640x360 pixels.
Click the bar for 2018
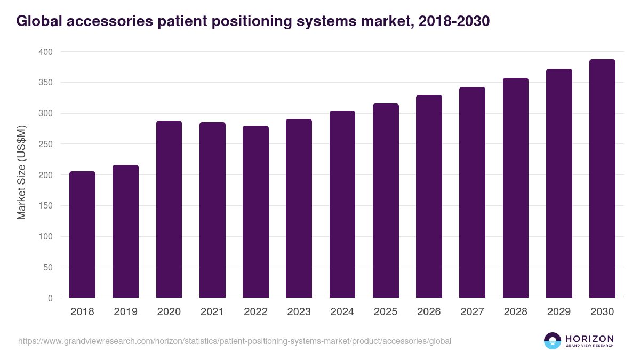point(82,235)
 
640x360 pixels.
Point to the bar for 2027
point(472,193)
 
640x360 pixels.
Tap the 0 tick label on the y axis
point(50,298)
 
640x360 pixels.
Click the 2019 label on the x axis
point(125,312)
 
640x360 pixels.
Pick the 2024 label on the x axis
point(342,312)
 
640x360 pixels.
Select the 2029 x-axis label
point(559,312)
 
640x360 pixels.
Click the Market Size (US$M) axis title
point(21,172)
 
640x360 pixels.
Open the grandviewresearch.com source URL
point(235,341)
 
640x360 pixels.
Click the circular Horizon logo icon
point(553,341)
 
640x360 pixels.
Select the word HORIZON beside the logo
point(589,338)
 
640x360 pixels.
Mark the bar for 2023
point(299,209)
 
